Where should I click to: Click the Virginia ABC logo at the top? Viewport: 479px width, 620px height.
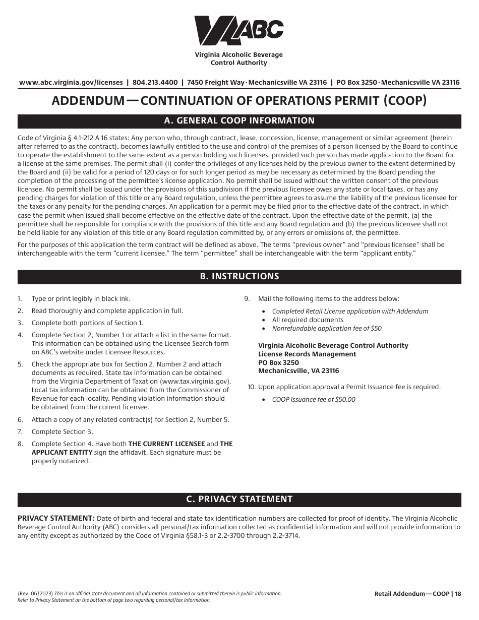point(239,31)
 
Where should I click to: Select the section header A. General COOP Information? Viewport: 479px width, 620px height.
point(239,121)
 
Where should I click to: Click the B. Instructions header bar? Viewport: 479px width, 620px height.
point(239,277)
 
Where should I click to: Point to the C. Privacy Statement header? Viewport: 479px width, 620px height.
point(239,500)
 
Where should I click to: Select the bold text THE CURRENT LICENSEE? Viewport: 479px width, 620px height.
point(166,444)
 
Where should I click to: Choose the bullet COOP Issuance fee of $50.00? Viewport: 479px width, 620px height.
point(314,400)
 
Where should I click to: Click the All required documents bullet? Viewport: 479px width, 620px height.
point(308,320)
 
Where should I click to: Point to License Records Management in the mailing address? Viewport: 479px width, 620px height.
point(307,354)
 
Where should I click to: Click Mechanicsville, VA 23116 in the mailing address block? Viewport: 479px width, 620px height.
point(298,371)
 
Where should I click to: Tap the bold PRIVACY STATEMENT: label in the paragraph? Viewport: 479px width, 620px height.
point(56,519)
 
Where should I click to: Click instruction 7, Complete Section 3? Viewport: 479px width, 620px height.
point(62,432)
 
